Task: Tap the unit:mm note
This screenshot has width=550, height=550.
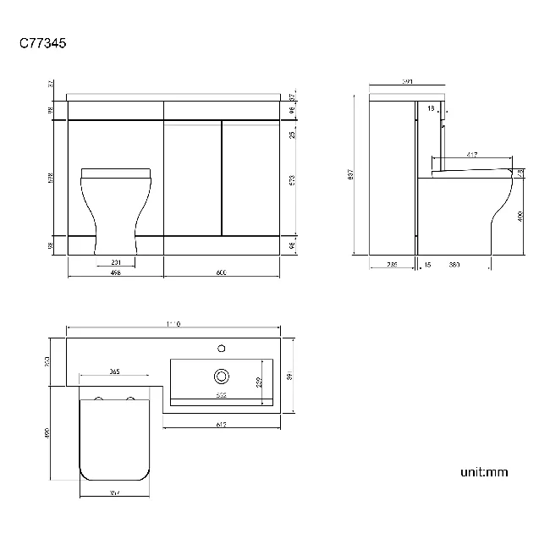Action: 484,471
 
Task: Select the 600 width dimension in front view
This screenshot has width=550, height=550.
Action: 221,273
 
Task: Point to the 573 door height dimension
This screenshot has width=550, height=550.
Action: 291,180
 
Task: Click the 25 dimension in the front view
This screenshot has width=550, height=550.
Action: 291,135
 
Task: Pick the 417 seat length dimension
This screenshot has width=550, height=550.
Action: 470,156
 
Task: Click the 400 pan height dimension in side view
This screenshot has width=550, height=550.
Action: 521,216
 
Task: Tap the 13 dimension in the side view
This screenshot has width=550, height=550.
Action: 432,108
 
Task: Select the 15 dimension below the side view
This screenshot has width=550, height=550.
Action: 427,265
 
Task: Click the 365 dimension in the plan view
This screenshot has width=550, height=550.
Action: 113,372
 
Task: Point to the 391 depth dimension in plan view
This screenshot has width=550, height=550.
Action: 291,376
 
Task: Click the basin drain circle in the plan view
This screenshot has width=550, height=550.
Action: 223,374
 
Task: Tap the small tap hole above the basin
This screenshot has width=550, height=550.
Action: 223,347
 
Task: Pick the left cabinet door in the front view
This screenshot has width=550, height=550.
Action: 192,179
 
